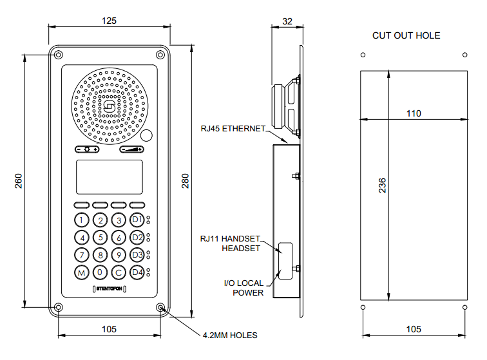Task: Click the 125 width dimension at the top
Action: coord(109,21)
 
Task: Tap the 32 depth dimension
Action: coord(287,21)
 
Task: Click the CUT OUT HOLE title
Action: coord(406,35)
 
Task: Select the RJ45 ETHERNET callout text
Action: coord(233,128)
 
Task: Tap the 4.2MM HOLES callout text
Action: coord(229,336)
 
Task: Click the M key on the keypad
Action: coord(81,272)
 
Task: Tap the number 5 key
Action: coord(100,237)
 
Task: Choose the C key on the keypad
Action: coord(119,272)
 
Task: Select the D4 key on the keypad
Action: coord(137,272)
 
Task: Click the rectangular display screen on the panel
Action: coord(110,177)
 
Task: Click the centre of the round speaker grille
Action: coord(110,106)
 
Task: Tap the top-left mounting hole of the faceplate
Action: coord(59,55)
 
